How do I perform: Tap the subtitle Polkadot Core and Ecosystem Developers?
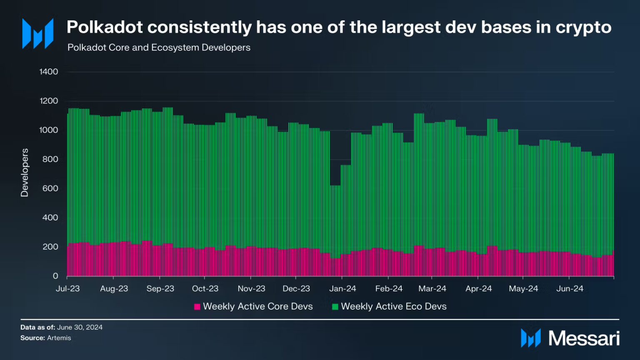(159, 47)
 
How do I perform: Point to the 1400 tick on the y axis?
(49, 72)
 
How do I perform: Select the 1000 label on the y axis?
(49, 130)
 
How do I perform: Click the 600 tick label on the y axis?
(50, 188)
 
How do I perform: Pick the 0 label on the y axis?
(55, 276)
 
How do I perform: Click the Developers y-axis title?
(25, 172)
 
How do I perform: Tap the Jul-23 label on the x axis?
(67, 289)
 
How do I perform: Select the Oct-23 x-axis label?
(205, 289)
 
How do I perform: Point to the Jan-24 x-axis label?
(342, 289)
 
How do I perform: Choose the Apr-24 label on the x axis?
(478, 289)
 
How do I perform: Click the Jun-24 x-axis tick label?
(570, 289)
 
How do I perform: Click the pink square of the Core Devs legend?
(197, 307)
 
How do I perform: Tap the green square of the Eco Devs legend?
(335, 307)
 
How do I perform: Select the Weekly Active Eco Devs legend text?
(393, 307)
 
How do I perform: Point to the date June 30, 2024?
(80, 327)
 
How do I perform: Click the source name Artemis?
(59, 338)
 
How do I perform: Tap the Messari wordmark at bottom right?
(584, 338)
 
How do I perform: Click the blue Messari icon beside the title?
(38, 33)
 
